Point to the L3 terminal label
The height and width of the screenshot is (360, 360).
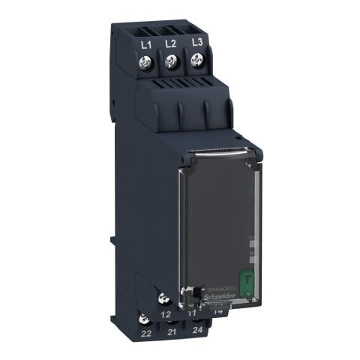point(196,43)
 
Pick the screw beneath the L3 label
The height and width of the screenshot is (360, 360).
point(197,64)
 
